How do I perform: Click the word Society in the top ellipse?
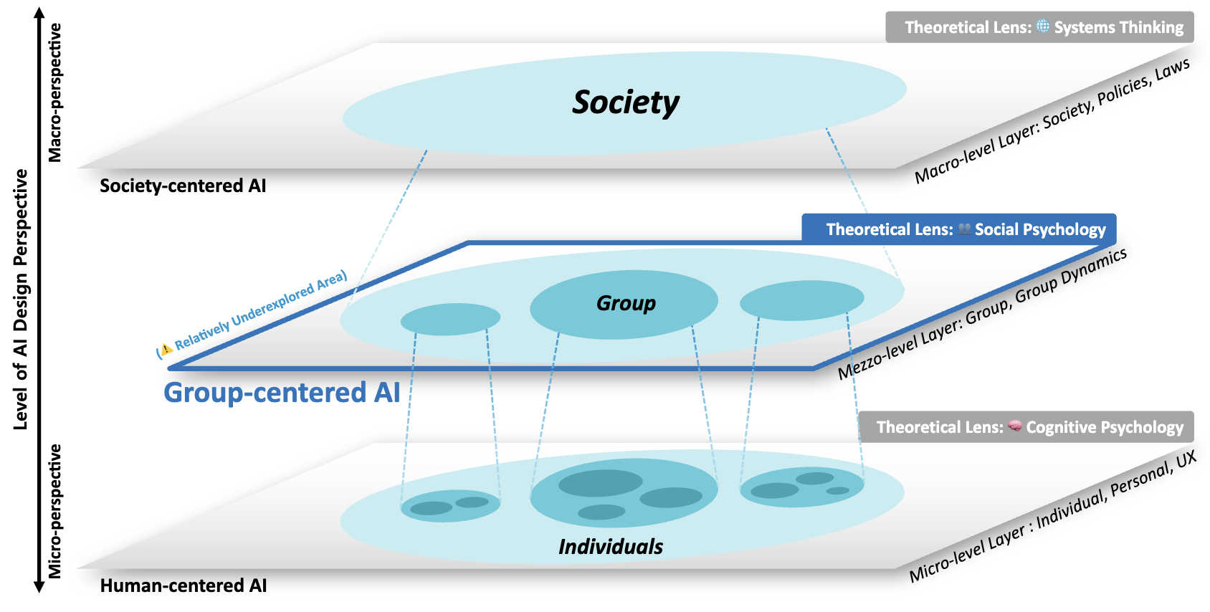pyautogui.click(x=626, y=102)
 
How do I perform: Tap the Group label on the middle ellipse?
pyautogui.click(x=626, y=303)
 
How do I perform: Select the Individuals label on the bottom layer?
pyautogui.click(x=611, y=547)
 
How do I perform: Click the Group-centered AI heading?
pyautogui.click(x=282, y=393)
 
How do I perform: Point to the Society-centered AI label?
pyautogui.click(x=183, y=186)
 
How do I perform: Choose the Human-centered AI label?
pyautogui.click(x=183, y=585)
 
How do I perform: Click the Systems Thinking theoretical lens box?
pyautogui.click(x=1039, y=27)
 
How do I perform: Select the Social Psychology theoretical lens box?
pyautogui.click(x=958, y=229)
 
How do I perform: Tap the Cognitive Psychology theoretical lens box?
pyautogui.click(x=1026, y=427)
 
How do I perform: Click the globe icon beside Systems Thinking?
pyautogui.click(x=1043, y=27)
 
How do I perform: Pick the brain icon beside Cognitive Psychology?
pyautogui.click(x=1015, y=426)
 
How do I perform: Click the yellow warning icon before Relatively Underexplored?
pyautogui.click(x=166, y=349)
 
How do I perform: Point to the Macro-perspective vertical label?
pyautogui.click(x=55, y=92)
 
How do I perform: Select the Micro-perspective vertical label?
pyautogui.click(x=55, y=511)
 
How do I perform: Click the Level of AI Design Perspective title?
pyautogui.click(x=21, y=300)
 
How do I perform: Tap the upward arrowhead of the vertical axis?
pyautogui.click(x=39, y=13)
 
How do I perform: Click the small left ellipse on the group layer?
pyautogui.click(x=450, y=319)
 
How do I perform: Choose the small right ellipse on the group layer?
pyautogui.click(x=801, y=300)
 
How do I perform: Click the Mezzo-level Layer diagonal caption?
pyautogui.click(x=982, y=314)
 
